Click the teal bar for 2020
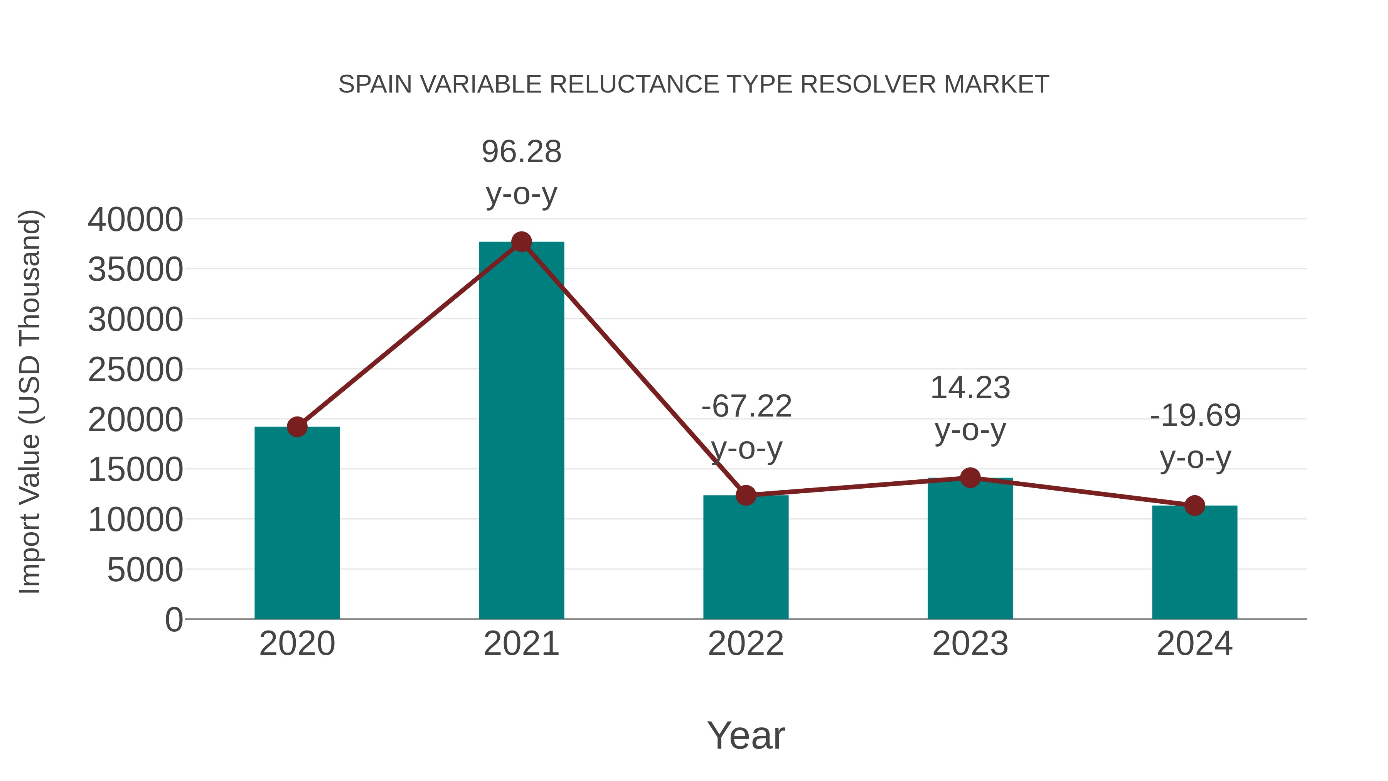[x=297, y=523]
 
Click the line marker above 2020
[x=297, y=427]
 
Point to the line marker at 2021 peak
[x=521, y=242]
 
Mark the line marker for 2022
[x=746, y=495]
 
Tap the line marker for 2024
[x=1194, y=506]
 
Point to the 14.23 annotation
[x=970, y=388]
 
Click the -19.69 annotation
[x=1195, y=415]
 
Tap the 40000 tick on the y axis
[x=135, y=219]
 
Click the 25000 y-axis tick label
[x=135, y=370]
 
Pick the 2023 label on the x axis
[x=970, y=644]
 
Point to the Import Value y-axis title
[x=30, y=401]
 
